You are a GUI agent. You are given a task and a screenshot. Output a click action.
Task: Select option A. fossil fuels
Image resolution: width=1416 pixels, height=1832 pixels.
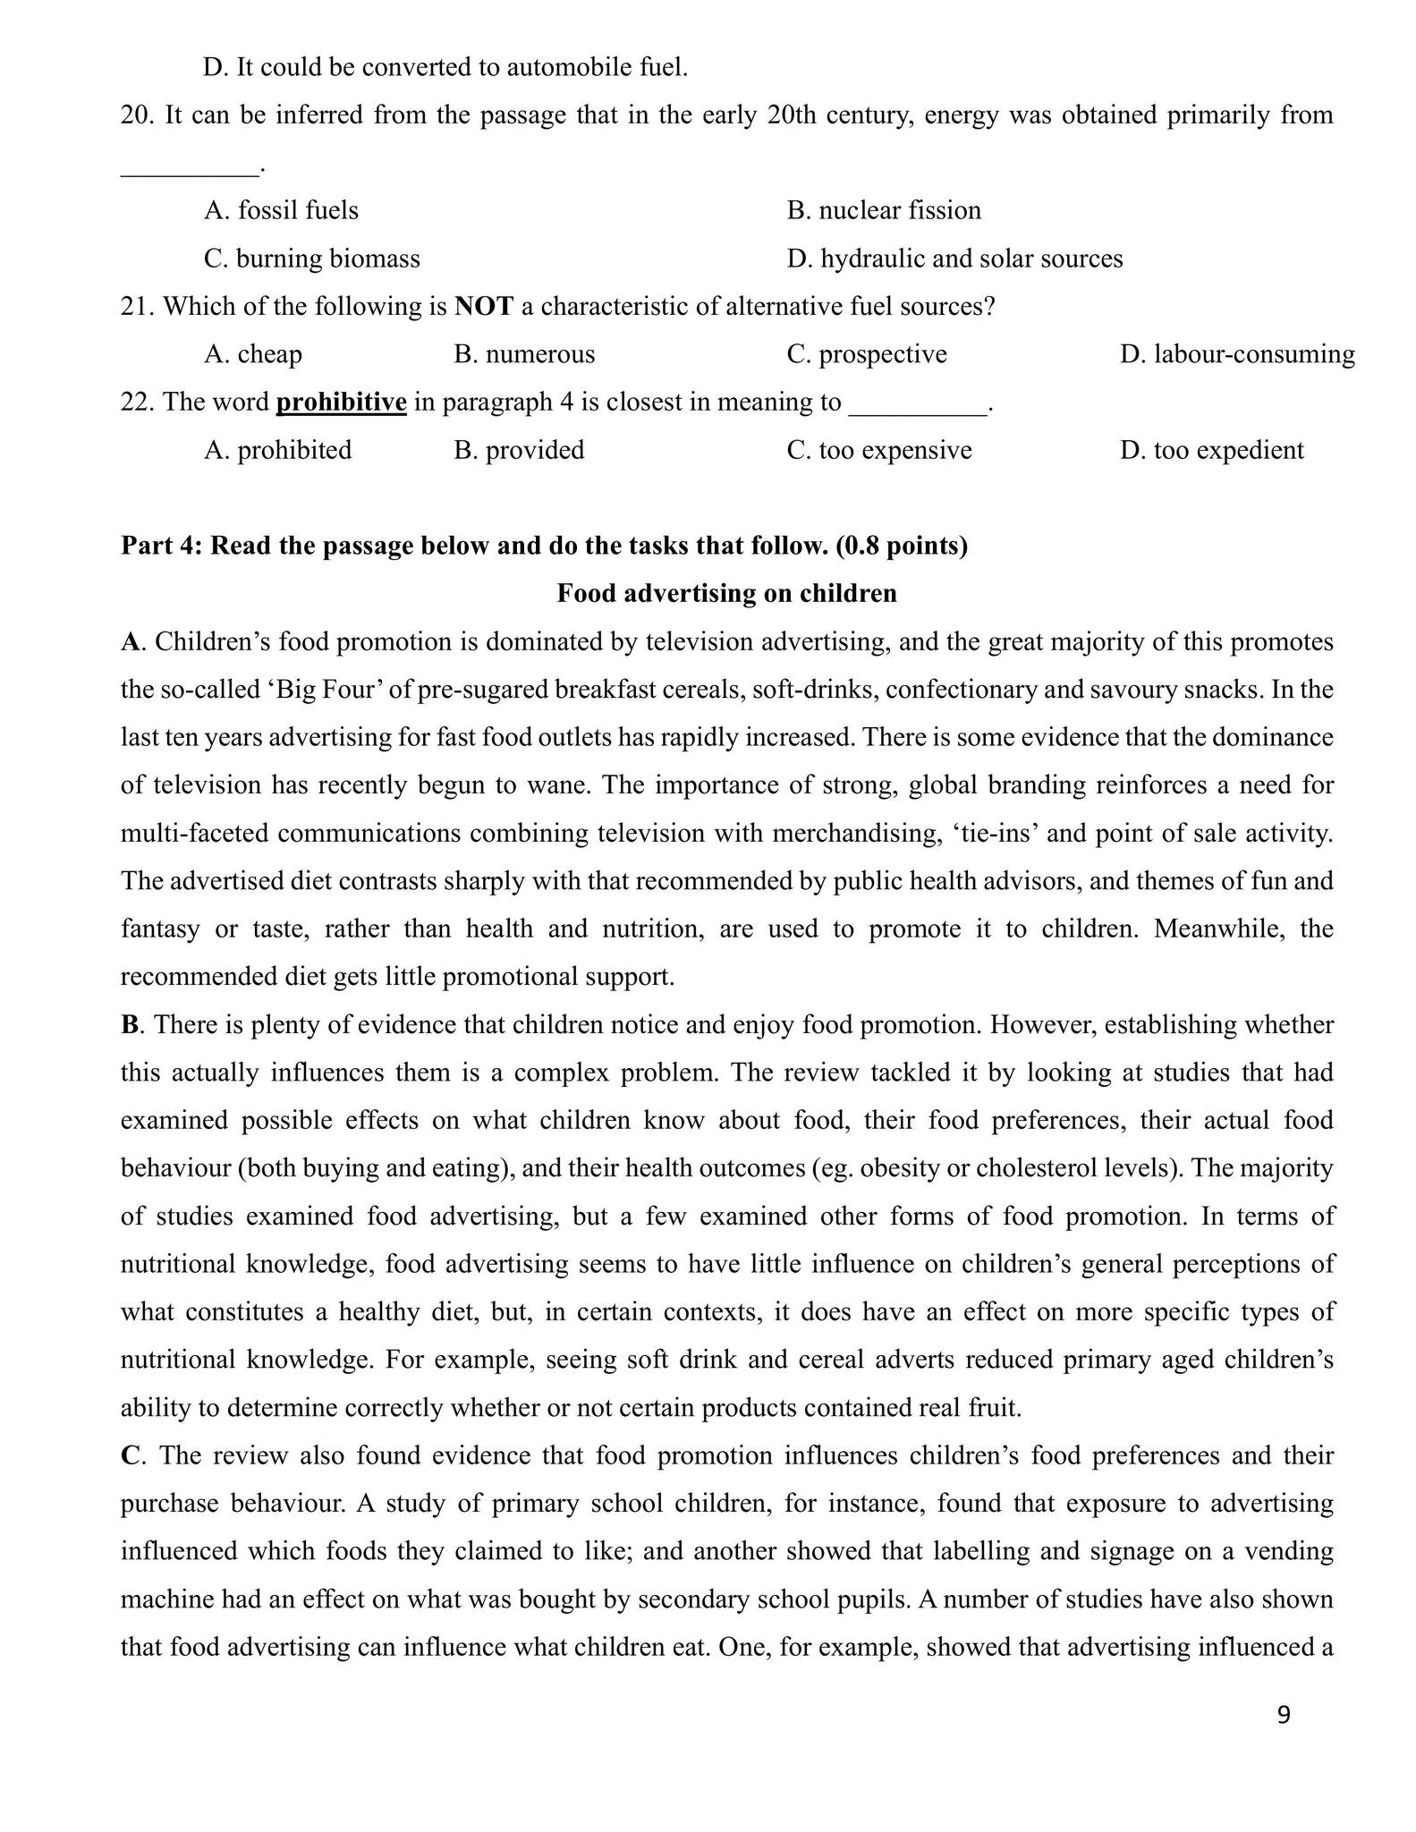[281, 210]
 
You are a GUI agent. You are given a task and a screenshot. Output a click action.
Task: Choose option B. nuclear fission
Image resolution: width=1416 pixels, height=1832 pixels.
[884, 210]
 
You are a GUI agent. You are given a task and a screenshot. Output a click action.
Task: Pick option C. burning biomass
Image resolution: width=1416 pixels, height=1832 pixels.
[311, 259]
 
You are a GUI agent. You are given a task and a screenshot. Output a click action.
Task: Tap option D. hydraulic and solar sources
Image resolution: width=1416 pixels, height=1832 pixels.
[954, 259]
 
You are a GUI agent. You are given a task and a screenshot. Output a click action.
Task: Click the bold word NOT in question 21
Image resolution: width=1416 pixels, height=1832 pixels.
[484, 307]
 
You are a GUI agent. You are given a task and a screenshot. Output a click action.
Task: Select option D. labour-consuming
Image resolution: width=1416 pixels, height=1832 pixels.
[1237, 354]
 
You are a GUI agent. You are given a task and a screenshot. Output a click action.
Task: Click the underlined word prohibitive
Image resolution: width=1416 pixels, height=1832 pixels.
[341, 403]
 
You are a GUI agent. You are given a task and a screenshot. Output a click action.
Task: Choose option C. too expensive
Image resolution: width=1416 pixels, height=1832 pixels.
[879, 450]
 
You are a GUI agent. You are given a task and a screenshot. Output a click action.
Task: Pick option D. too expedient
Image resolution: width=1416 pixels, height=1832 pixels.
[1211, 450]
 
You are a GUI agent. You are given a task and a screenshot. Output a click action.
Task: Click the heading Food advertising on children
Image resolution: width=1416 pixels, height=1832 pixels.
[726, 594]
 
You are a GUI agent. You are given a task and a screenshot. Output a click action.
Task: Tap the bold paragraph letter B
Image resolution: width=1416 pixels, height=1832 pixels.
[131, 1025]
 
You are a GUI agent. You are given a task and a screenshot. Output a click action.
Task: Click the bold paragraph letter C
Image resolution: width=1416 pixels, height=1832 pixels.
[131, 1455]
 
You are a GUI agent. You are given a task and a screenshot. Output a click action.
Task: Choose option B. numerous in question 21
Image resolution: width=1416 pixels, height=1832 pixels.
[524, 354]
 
